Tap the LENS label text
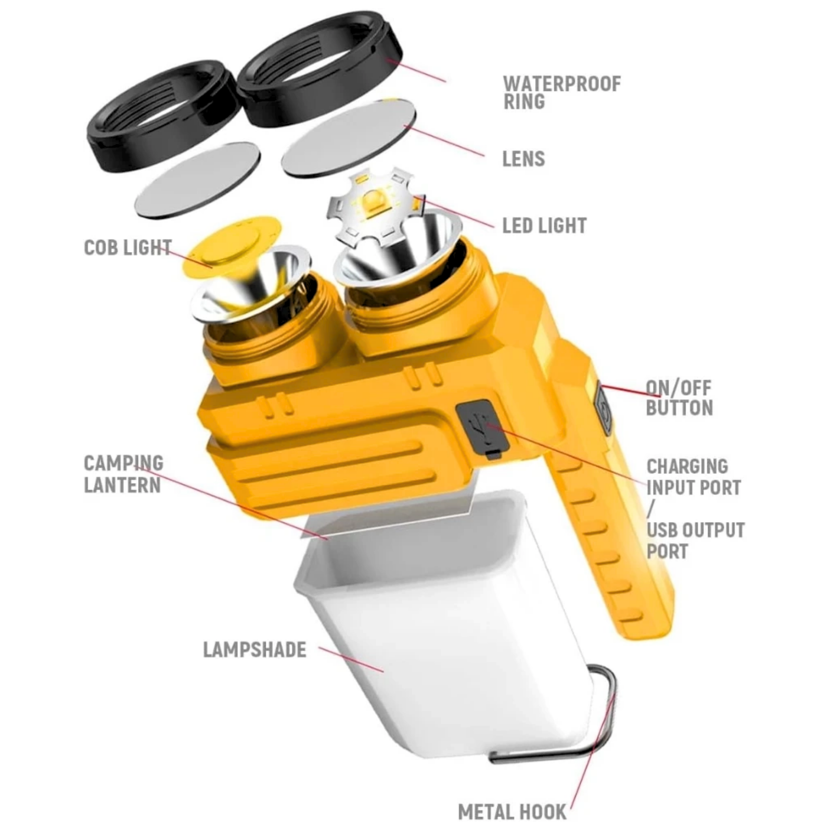tap(523, 159)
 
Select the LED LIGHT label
tap(544, 226)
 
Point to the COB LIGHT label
tap(127, 248)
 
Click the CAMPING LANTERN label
tap(123, 474)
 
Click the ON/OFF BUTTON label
tap(679, 398)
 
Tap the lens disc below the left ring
tap(198, 180)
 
